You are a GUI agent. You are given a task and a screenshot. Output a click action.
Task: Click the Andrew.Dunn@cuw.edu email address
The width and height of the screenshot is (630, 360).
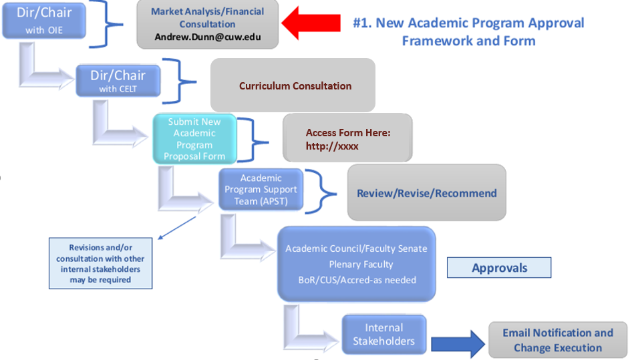pos(208,37)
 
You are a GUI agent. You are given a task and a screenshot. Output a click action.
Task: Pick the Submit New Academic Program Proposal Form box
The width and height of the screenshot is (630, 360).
pos(194,139)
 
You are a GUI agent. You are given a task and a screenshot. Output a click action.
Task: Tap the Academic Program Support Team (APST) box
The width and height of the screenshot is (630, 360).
pos(261,190)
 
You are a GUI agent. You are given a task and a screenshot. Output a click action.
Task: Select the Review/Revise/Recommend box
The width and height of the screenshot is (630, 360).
pos(426,193)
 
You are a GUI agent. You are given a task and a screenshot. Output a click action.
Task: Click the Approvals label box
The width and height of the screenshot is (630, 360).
pos(500,268)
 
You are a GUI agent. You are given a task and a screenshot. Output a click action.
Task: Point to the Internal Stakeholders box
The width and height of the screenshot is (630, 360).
pos(383,335)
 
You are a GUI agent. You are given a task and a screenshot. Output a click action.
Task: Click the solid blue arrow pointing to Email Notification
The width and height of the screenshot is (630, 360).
pos(458,343)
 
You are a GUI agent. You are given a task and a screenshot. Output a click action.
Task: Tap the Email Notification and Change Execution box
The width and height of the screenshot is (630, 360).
pos(557,340)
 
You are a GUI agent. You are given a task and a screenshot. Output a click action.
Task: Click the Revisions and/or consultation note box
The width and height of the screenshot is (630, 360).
pos(100,263)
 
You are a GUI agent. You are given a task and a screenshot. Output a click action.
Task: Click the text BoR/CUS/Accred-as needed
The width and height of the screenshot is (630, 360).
pos(357,280)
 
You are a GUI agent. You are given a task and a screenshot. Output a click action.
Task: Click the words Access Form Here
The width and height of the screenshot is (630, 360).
pos(348,133)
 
